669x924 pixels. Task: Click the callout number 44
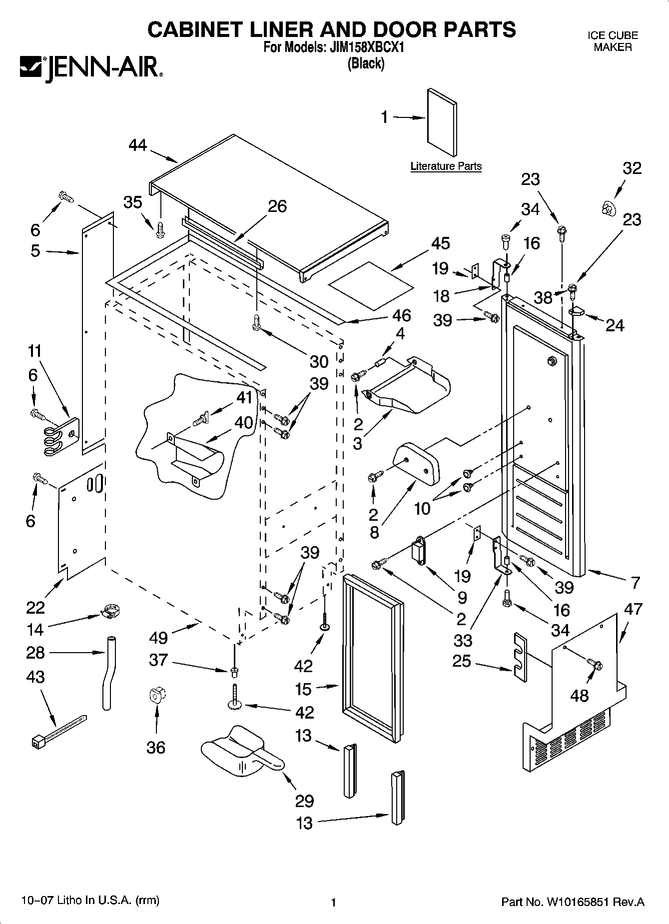pos(138,145)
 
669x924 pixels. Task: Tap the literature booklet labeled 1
pos(442,123)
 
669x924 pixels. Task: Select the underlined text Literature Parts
pos(446,166)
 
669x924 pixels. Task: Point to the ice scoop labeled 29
pos(242,751)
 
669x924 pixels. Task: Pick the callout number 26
pos(277,206)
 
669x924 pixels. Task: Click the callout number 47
pos(633,609)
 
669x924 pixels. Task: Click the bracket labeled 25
pos(520,657)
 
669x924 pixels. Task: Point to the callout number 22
pos(35,608)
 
